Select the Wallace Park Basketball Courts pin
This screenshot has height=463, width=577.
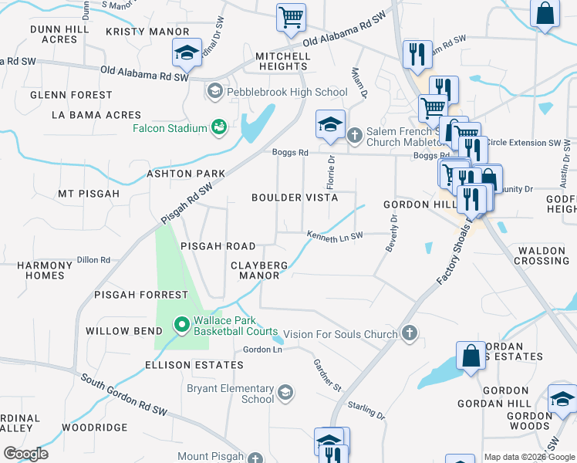(181, 325)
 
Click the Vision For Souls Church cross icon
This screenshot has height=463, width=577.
(409, 333)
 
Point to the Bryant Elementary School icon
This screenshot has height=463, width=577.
(285, 394)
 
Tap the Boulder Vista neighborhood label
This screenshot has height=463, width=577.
(295, 198)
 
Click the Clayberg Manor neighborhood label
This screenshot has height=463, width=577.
(259, 270)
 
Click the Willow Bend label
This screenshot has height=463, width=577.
(117, 330)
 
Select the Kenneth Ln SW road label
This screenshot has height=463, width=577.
(334, 237)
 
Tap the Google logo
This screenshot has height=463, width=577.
(25, 454)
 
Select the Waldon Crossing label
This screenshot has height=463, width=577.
(542, 255)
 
